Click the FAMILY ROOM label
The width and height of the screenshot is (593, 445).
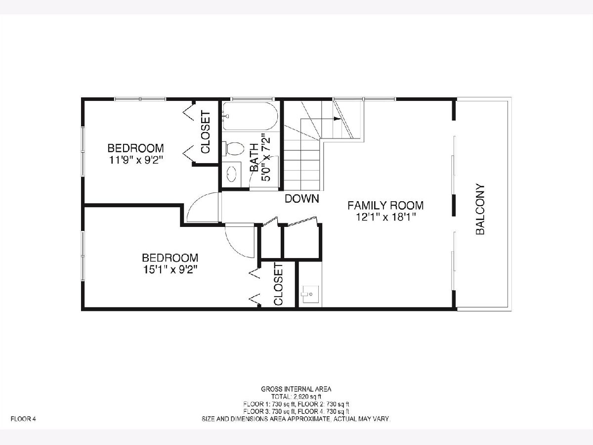[385, 206]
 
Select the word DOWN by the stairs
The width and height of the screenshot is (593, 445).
[302, 199]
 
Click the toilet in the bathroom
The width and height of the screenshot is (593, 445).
[233, 148]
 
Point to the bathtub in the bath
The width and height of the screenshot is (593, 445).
[250, 116]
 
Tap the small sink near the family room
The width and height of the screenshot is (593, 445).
[310, 294]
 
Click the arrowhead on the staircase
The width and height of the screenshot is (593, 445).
[337, 119]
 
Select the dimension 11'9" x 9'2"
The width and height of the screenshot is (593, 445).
[135, 160]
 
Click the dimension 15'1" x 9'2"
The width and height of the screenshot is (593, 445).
[170, 269]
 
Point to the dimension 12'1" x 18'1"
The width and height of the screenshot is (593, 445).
[385, 217]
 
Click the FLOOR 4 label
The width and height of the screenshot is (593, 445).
[23, 419]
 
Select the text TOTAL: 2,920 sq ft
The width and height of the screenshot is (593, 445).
[296, 397]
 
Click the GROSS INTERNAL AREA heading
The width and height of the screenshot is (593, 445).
[296, 389]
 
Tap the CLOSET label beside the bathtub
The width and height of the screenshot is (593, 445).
[206, 133]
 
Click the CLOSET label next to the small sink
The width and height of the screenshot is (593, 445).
[278, 284]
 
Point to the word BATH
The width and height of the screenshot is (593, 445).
[254, 158]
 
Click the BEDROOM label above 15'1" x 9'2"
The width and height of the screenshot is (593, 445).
[170, 258]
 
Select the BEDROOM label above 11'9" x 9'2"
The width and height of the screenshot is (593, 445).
[135, 148]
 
